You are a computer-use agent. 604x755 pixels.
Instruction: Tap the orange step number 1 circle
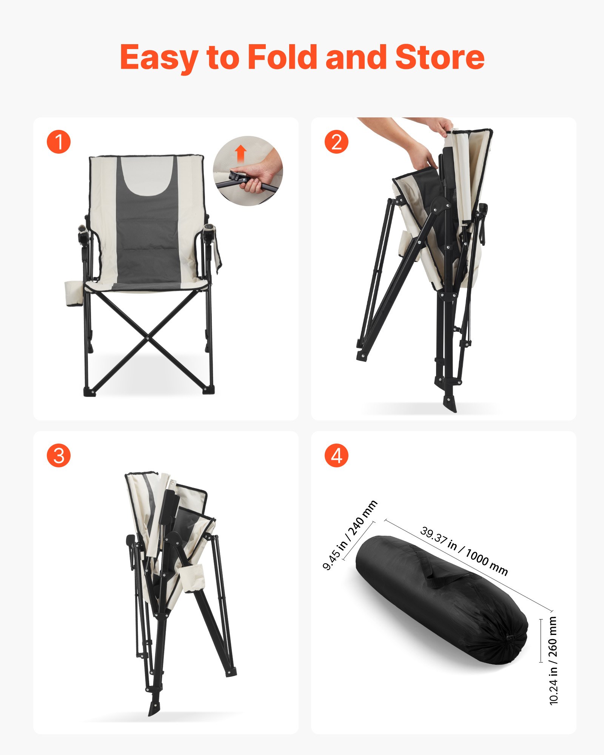[x=59, y=142]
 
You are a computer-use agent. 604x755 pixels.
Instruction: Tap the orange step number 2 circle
[x=336, y=142]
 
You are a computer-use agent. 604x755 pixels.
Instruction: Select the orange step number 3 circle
[x=59, y=455]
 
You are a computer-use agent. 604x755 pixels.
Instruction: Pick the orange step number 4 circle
[x=336, y=455]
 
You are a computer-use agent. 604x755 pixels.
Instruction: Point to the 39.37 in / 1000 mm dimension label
[x=464, y=551]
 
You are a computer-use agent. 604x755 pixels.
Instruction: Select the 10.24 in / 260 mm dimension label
[x=553, y=660]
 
